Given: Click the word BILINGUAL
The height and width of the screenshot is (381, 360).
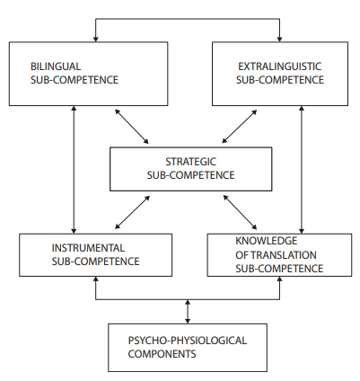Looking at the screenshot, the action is click(x=56, y=66).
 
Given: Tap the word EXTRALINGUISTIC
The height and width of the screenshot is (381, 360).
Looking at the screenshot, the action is click(x=280, y=66).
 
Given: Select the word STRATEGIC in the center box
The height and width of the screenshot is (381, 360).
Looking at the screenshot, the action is click(x=190, y=162).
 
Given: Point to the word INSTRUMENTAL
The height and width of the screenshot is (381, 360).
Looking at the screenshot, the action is click(x=88, y=248).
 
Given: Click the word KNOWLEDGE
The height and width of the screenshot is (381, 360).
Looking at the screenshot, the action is click(x=267, y=241).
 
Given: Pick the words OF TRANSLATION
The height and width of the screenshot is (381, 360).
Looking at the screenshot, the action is click(x=276, y=255).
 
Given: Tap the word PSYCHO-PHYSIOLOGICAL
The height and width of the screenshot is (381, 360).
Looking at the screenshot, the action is click(x=188, y=341).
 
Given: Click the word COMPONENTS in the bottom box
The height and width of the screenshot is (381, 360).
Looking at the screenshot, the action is click(x=162, y=354).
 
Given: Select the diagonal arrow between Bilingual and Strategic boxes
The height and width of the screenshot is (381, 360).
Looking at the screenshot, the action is click(x=132, y=127).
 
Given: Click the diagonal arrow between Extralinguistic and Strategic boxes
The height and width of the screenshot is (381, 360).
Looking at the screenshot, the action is click(x=240, y=127).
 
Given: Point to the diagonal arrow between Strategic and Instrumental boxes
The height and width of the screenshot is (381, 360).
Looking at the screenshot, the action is click(x=132, y=212).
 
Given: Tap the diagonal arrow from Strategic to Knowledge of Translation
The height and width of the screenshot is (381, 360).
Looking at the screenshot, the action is click(x=240, y=212).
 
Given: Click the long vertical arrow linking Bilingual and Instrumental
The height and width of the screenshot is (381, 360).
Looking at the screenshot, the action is click(x=74, y=170).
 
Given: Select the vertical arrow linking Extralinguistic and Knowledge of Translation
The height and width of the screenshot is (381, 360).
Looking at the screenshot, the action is click(x=302, y=170).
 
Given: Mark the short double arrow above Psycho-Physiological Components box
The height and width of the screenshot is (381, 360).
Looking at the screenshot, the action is click(x=188, y=312).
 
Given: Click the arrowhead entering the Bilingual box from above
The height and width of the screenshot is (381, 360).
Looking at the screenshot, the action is click(x=96, y=40).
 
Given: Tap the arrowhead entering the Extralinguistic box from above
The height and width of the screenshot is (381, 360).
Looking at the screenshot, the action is click(x=279, y=40).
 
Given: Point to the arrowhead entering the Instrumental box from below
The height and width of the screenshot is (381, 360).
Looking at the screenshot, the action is click(x=96, y=279).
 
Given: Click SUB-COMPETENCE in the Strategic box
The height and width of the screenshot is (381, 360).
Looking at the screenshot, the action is click(x=190, y=175).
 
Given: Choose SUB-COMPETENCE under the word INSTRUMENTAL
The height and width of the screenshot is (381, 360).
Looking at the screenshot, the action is click(x=95, y=261).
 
